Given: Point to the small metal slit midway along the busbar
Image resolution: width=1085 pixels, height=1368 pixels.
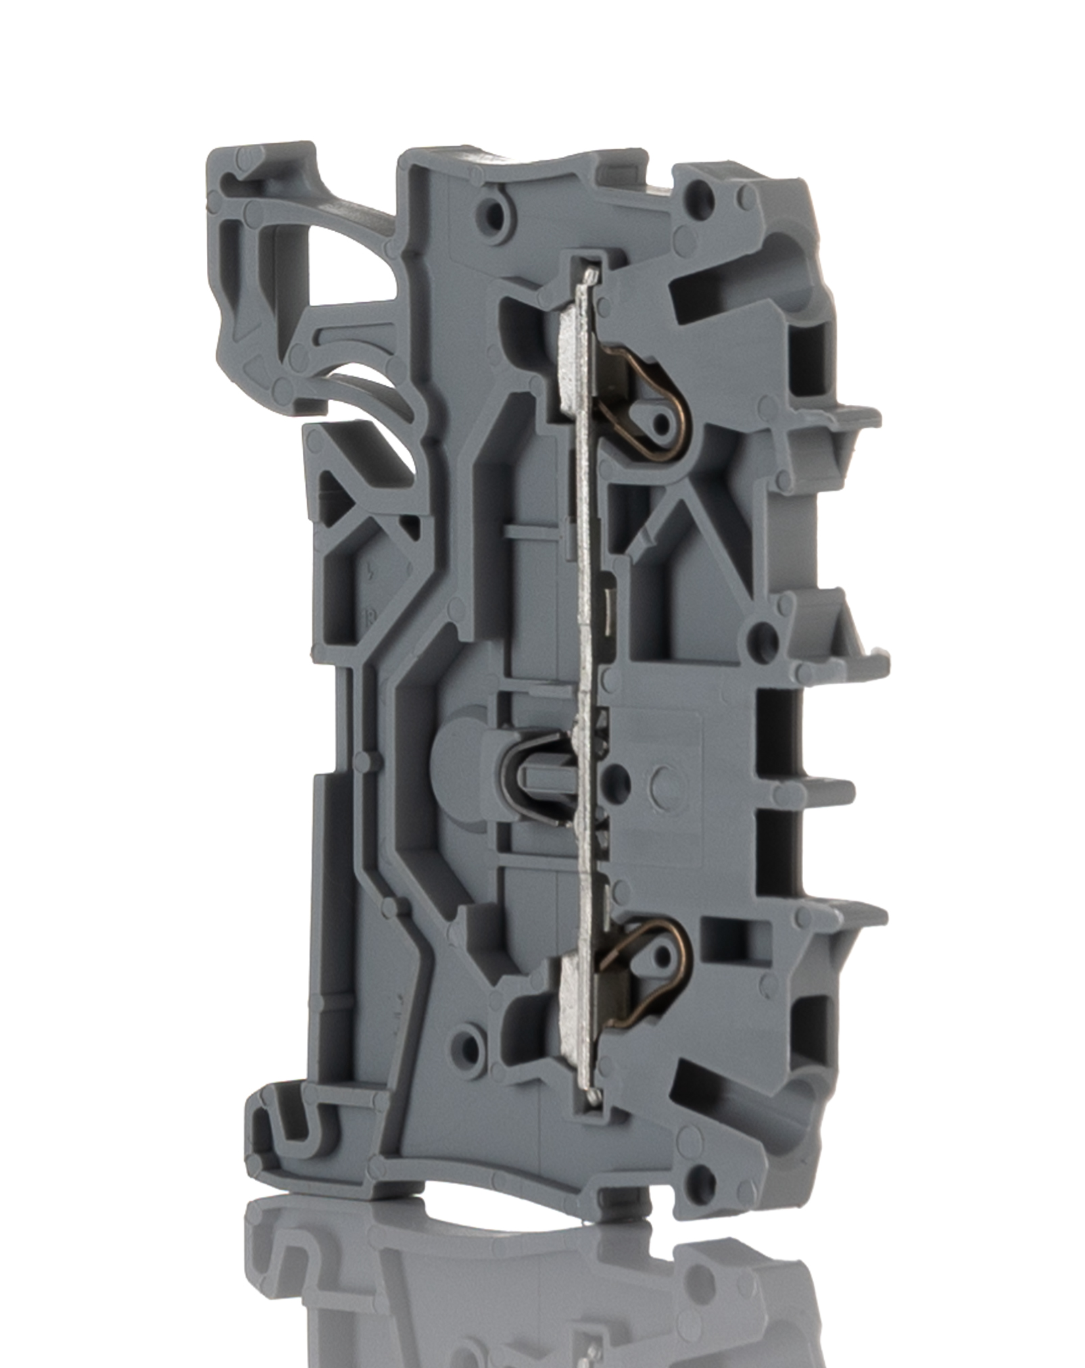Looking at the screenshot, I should (609, 602).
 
